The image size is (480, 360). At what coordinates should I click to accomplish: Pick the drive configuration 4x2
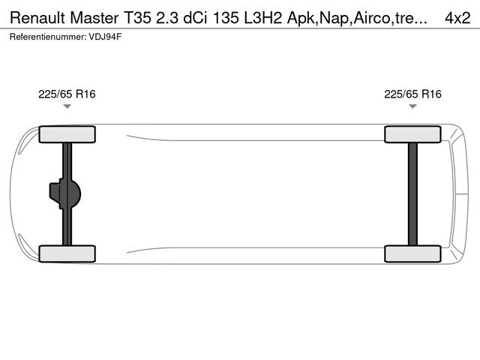[x=457, y=17]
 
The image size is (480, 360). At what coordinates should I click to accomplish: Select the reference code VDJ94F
[x=106, y=36]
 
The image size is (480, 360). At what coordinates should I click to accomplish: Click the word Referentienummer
[x=49, y=36]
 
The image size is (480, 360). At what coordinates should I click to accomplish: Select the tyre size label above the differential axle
[x=67, y=94]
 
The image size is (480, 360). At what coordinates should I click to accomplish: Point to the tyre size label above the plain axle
[x=412, y=94]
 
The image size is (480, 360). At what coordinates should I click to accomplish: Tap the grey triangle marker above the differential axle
[x=67, y=106]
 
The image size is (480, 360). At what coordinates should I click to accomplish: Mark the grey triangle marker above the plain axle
[x=412, y=106]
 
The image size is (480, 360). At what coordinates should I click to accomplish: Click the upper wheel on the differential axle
[x=67, y=134]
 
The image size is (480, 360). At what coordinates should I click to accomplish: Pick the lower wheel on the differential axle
[x=67, y=253]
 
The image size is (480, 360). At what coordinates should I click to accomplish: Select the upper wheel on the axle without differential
[x=412, y=134]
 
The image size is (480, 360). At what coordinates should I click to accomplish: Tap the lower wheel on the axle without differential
[x=412, y=253]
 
